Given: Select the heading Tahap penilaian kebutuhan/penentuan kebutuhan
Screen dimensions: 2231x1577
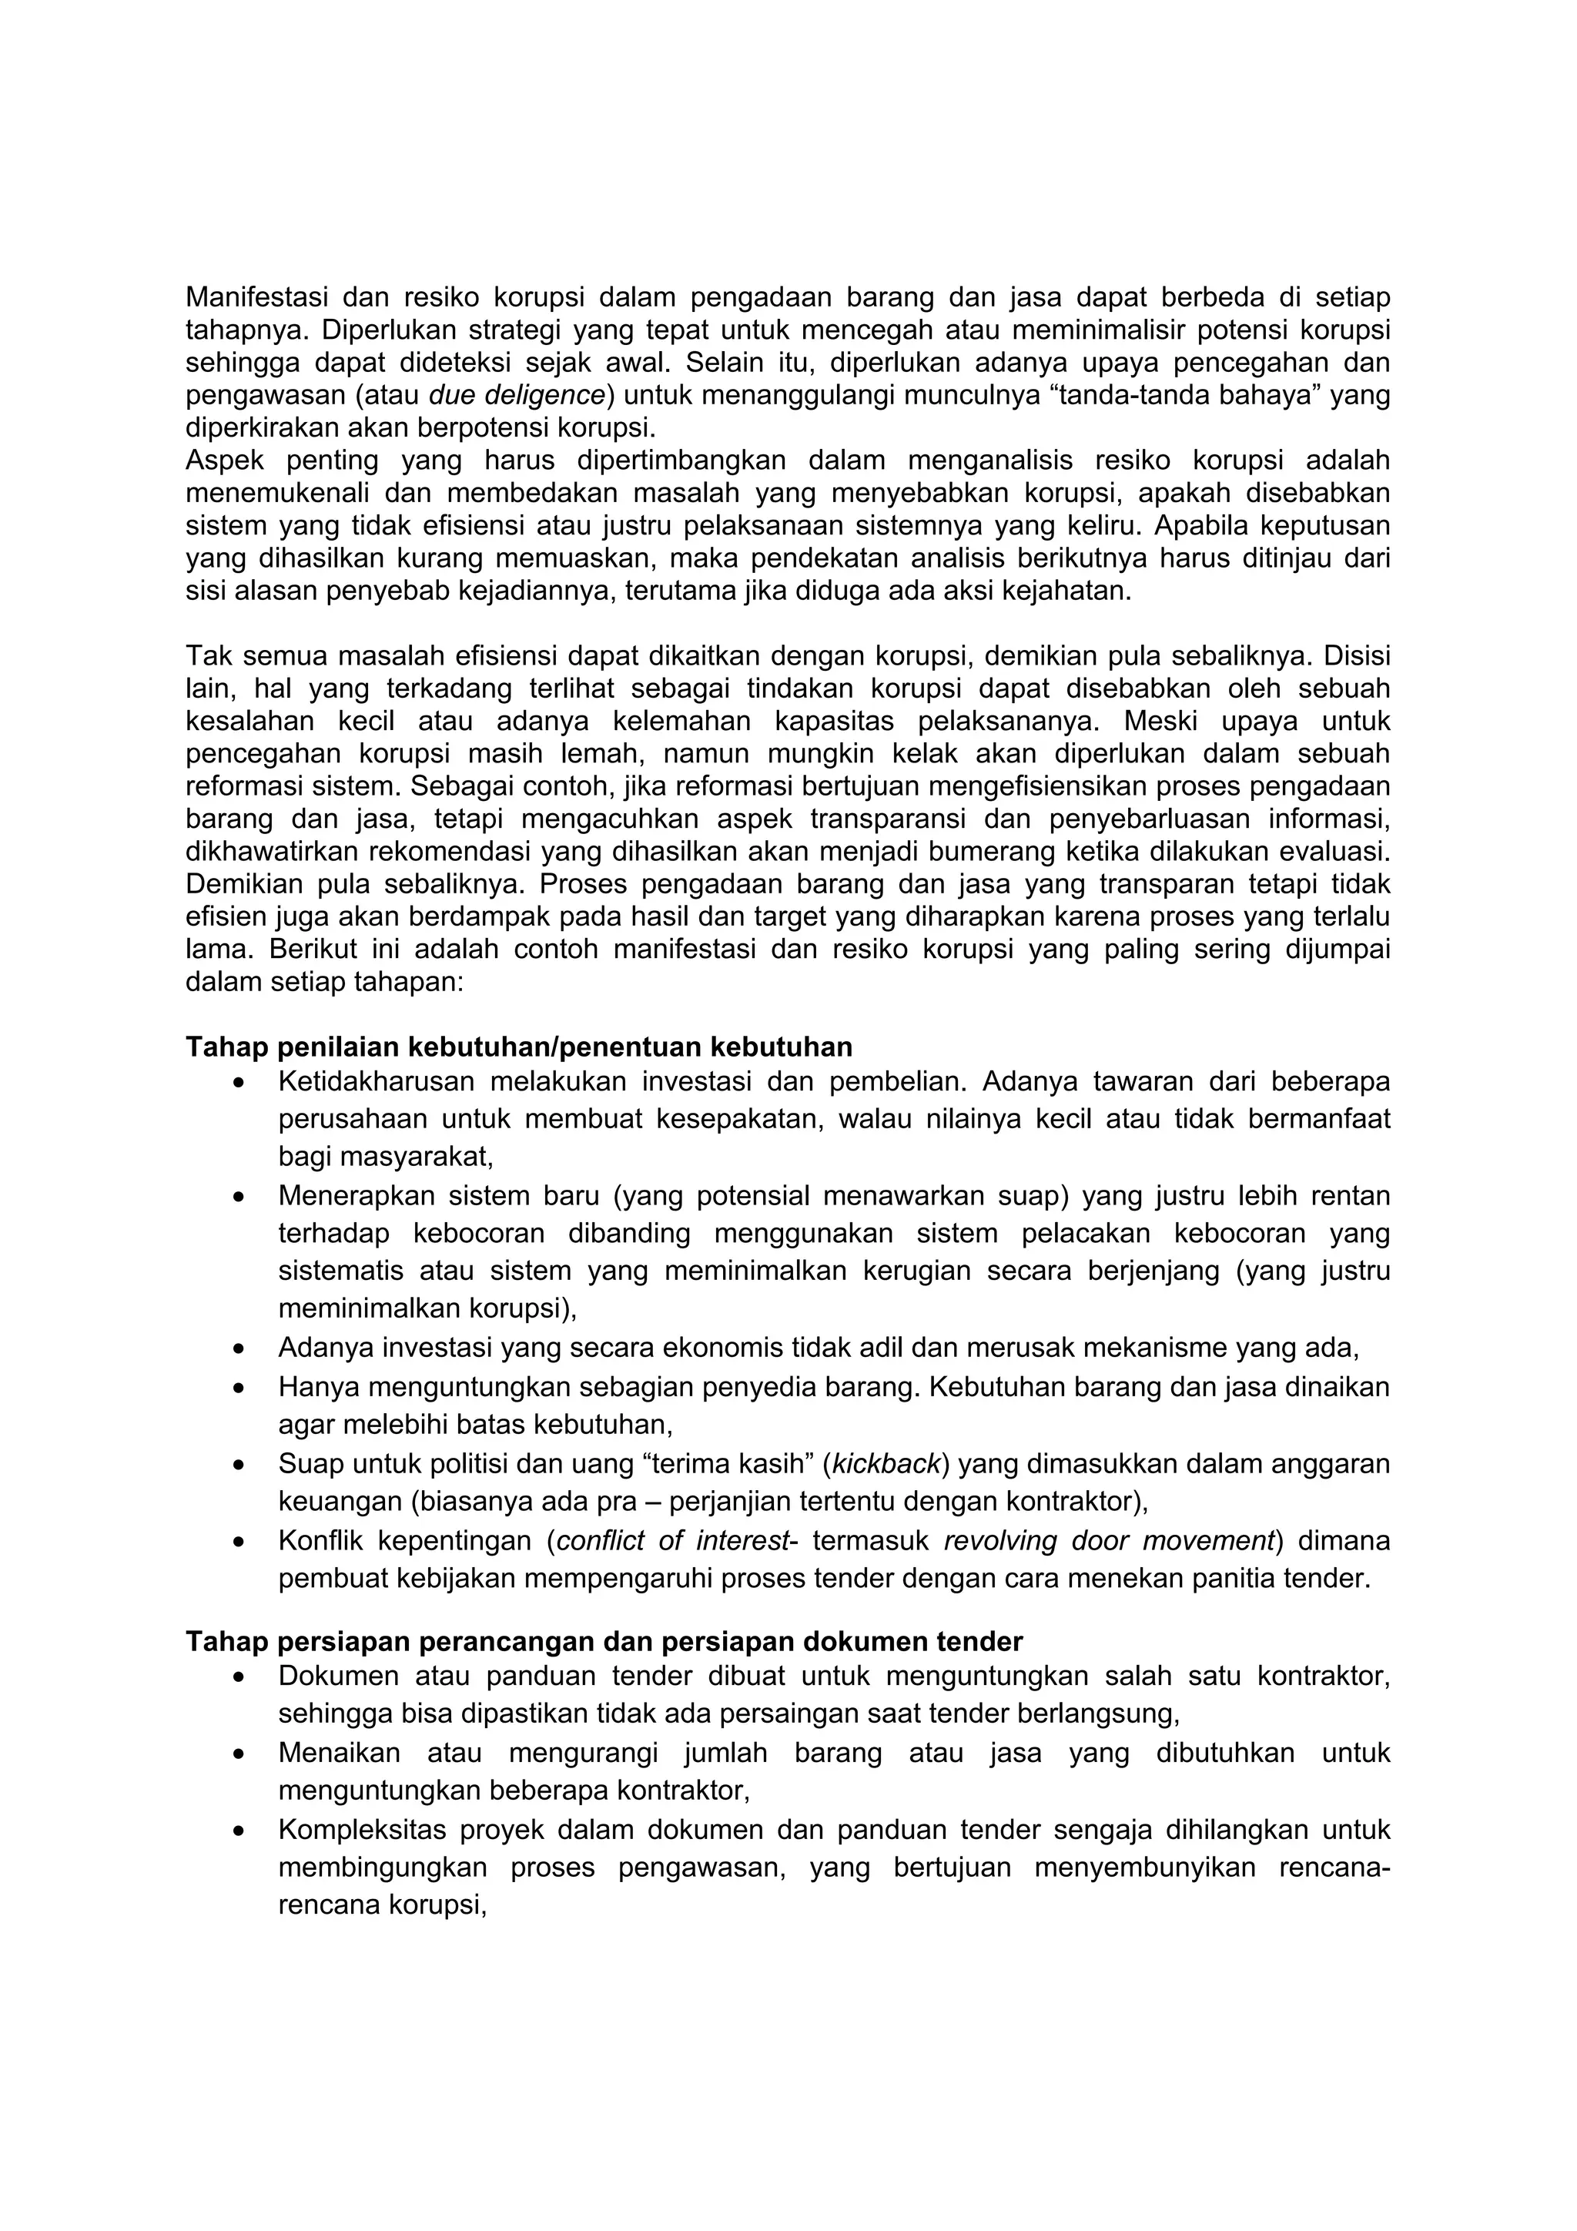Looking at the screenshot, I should click(519, 1047).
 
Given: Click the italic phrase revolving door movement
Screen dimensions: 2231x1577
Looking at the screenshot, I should click(1109, 1540).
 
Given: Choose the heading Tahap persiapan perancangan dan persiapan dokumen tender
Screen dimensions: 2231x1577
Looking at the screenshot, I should click(604, 1641).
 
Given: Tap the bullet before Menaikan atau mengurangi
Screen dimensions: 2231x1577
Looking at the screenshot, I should click(239, 1754).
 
